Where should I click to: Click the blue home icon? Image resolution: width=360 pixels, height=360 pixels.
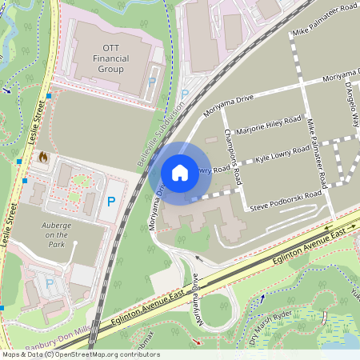180,173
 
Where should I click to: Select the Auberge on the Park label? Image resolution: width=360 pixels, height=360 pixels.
56,234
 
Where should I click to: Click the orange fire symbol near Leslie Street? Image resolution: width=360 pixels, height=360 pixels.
42,158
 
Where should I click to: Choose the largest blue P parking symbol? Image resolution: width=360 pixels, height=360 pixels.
112,203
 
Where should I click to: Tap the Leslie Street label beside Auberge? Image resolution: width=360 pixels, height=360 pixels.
10,229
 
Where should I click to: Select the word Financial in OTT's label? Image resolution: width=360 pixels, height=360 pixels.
110,58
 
